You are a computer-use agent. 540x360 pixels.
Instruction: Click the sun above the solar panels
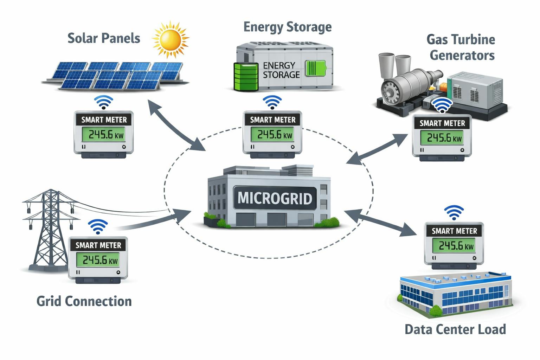[x=171, y=39]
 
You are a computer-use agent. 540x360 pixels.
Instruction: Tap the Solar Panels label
[x=104, y=38]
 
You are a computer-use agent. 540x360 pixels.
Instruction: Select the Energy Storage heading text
[x=287, y=27]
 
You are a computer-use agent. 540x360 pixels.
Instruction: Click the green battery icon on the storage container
[x=315, y=68]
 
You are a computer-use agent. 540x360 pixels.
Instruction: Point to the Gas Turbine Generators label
[x=461, y=47]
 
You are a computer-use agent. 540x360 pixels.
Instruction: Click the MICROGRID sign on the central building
[x=275, y=198]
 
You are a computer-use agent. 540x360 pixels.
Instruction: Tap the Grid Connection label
[x=84, y=301]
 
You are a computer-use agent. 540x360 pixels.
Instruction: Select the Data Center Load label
[x=455, y=329]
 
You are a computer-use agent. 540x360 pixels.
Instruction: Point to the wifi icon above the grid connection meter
[x=98, y=227]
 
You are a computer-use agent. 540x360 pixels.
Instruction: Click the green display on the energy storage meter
[x=273, y=135]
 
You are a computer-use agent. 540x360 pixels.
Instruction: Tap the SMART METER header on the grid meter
[x=98, y=245]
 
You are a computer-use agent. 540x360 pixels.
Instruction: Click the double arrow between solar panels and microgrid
[x=176, y=125]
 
